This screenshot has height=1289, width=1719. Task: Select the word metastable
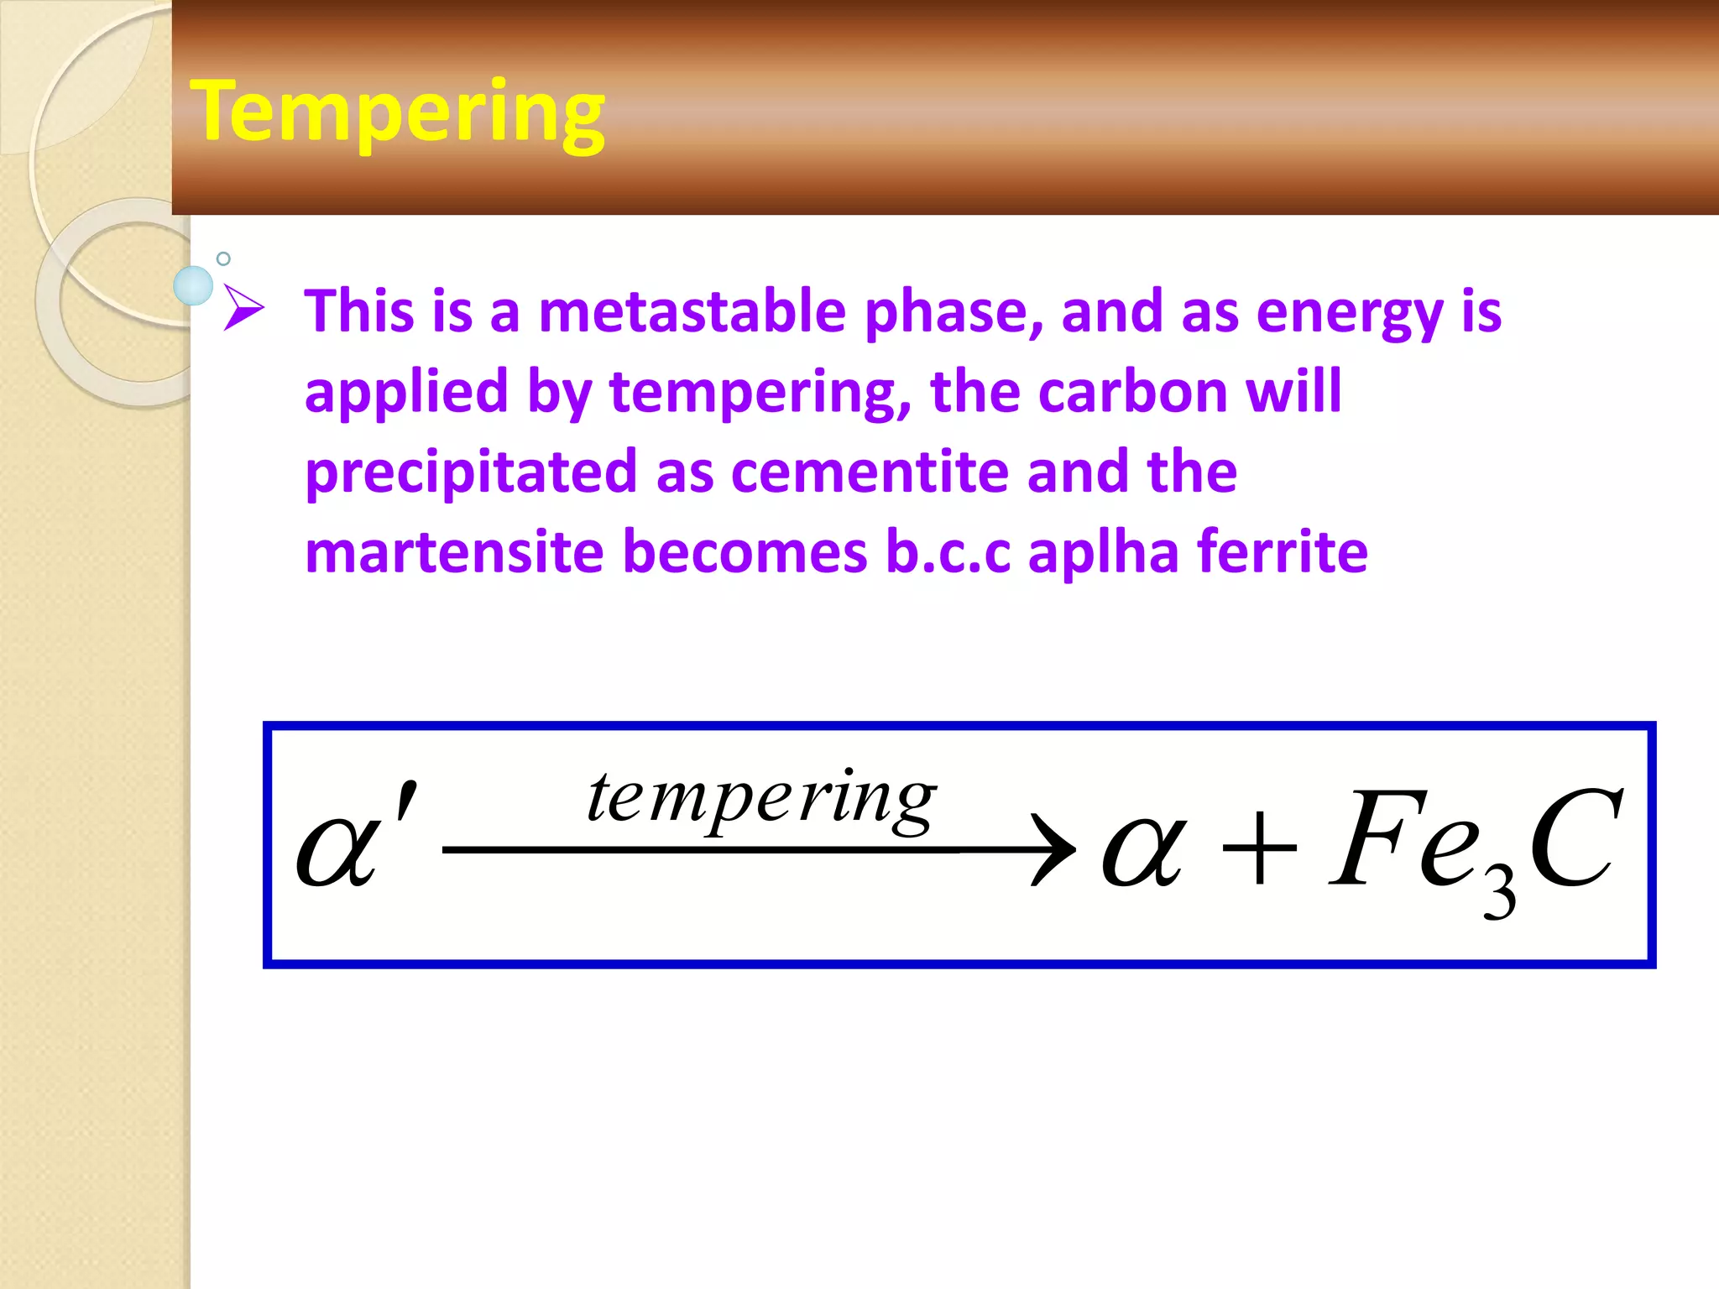[x=692, y=311]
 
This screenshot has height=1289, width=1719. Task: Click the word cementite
[x=870, y=472]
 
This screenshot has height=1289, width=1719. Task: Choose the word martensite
[x=454, y=552]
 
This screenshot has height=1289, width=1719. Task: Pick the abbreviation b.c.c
[x=948, y=552]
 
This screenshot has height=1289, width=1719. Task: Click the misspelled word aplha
[x=1104, y=552]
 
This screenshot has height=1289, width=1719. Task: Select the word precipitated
[x=471, y=472]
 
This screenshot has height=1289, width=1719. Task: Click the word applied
[x=406, y=393]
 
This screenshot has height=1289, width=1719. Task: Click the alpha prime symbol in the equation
[x=353, y=839]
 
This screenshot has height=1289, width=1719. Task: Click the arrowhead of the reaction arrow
[x=1054, y=849]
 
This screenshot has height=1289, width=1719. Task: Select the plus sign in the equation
[x=1258, y=849]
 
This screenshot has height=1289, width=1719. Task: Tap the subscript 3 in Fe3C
[x=1499, y=893]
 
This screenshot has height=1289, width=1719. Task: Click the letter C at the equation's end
[x=1575, y=839]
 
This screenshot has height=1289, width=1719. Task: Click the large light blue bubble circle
[x=193, y=285]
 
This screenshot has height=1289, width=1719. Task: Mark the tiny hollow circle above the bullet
[x=223, y=258]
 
